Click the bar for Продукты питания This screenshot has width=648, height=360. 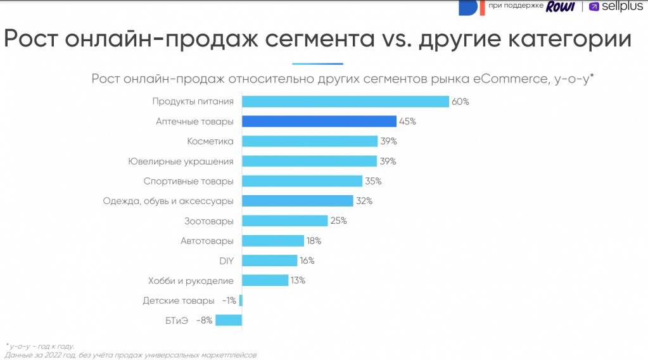coord(345,101)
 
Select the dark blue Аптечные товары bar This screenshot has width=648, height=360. coord(319,121)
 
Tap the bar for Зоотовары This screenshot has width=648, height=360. coord(285,221)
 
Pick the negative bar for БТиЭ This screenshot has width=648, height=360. coord(229,320)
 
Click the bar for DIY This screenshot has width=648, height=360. coord(270,260)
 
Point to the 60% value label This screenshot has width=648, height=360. coord(461,101)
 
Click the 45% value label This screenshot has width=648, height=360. coord(408,121)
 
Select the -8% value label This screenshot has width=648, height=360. coord(204,320)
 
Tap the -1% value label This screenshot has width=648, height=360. coord(229,300)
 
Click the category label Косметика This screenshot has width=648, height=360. coord(210,141)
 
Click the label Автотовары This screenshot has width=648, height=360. coord(206,241)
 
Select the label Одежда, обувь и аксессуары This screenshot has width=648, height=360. coord(168,201)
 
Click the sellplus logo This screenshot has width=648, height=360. coord(616,7)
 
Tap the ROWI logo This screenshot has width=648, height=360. coord(561,6)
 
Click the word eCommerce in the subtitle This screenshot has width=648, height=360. coord(504,79)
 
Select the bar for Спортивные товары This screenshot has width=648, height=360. coord(302,181)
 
